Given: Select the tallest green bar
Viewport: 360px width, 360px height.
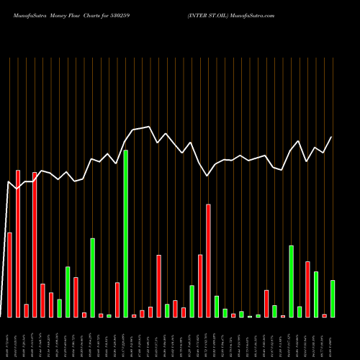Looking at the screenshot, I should (126, 233).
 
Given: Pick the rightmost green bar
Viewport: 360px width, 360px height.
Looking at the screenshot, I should (332, 298).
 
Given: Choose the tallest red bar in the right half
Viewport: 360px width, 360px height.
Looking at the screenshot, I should (208, 260).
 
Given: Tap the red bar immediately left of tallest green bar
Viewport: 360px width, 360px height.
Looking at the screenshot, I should (117, 300).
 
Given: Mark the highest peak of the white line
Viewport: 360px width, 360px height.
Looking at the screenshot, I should (150, 127).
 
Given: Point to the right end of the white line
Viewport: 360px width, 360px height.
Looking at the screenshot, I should (332, 137).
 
